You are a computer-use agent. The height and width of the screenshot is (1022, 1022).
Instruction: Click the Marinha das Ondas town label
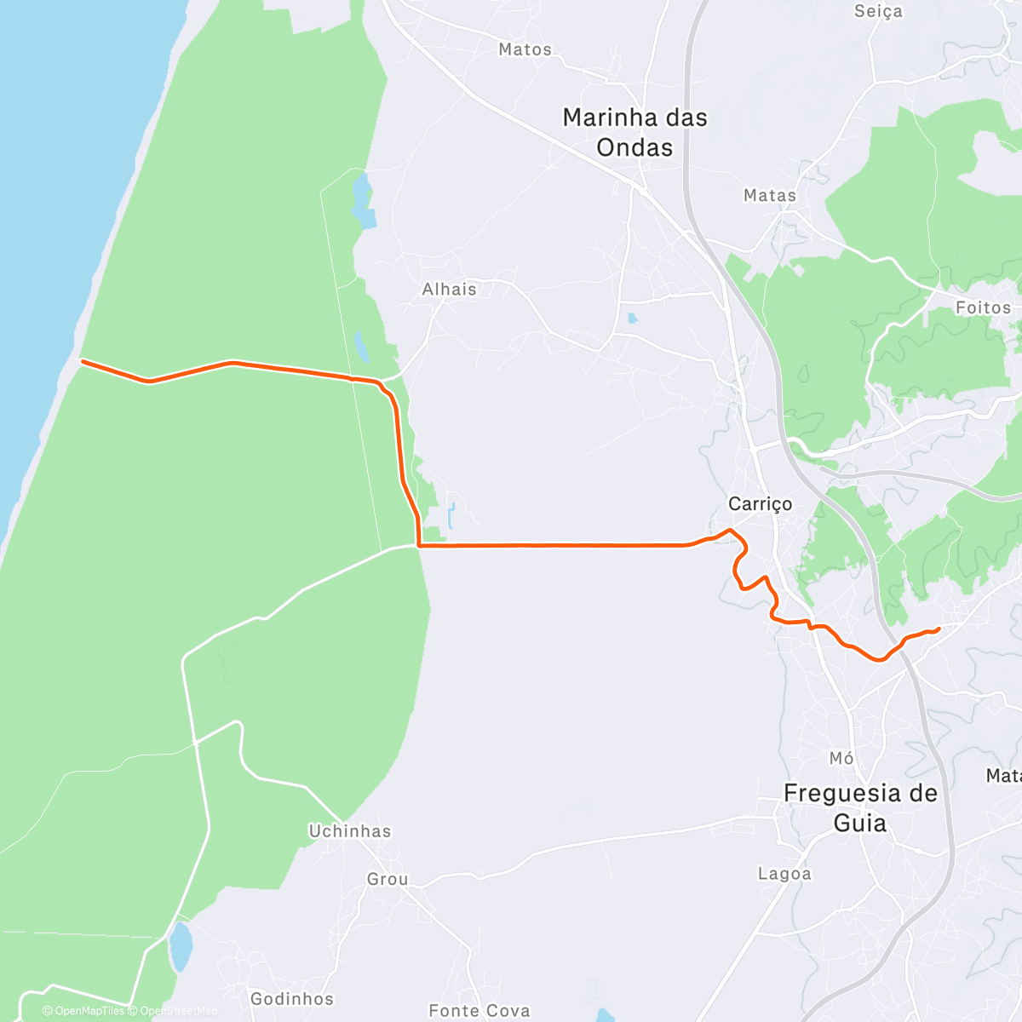[634, 132]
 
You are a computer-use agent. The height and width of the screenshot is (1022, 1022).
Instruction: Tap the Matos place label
[525, 49]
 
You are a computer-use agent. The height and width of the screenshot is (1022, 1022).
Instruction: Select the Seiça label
[878, 11]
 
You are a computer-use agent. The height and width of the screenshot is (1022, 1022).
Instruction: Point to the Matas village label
[769, 195]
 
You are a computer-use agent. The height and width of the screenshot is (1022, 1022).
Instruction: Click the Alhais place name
[449, 289]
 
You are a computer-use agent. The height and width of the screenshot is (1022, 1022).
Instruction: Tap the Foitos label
[983, 307]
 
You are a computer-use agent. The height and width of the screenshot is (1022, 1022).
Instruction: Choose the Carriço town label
[760, 503]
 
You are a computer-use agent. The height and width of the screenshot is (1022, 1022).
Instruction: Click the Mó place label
[841, 758]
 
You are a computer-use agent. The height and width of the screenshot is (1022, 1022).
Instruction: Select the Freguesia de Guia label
[860, 807]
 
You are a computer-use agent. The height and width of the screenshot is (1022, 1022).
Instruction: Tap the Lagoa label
[784, 874]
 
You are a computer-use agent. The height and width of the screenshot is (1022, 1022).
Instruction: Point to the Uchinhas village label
[349, 831]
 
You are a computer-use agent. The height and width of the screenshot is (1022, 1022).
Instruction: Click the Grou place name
[388, 879]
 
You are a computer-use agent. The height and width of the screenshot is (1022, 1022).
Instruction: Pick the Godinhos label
[292, 998]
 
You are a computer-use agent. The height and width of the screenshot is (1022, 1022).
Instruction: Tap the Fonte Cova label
[479, 1011]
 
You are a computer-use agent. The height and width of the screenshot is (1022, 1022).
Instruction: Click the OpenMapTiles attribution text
[83, 1011]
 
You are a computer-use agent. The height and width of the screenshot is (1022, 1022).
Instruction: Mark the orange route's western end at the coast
[82, 361]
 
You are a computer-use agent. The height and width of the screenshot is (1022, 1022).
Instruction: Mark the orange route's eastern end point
[939, 629]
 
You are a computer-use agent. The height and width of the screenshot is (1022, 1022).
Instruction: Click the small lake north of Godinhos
[181, 947]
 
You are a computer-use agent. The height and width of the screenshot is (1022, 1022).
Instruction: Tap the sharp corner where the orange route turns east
[418, 544]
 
